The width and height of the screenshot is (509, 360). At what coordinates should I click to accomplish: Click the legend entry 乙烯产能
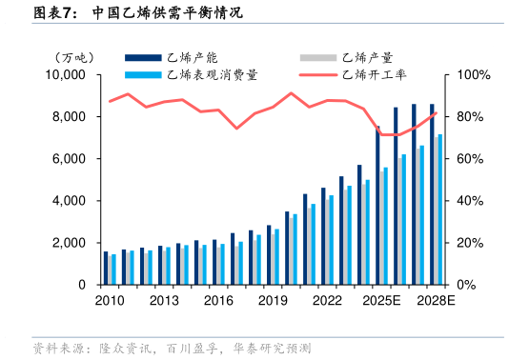[192, 58]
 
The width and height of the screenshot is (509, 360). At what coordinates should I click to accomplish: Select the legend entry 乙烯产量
[367, 58]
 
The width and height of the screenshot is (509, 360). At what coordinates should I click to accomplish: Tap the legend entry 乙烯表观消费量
[211, 74]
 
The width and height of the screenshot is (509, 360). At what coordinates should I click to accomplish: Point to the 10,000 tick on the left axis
[67, 75]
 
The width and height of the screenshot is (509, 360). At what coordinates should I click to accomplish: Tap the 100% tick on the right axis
[474, 75]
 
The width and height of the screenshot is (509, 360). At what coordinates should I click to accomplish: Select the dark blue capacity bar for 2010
[105, 268]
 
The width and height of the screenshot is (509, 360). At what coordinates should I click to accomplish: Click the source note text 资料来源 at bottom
[53, 348]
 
